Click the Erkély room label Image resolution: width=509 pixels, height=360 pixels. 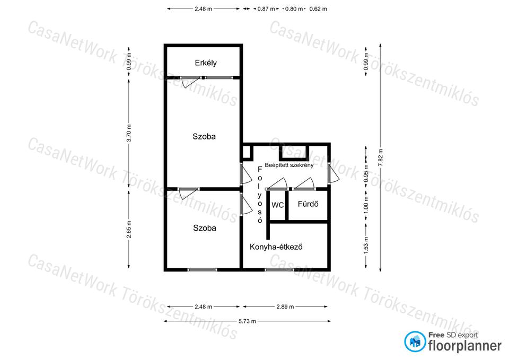pyautogui.click(x=206, y=63)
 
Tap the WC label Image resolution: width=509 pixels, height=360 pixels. pyautogui.click(x=277, y=205)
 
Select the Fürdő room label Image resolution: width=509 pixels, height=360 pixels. pyautogui.click(x=308, y=204)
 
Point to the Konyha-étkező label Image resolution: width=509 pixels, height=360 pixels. pyautogui.click(x=276, y=247)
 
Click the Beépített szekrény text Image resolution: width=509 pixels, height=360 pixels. pyautogui.click(x=289, y=165)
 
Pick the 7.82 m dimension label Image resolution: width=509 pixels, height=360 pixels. pyautogui.click(x=381, y=157)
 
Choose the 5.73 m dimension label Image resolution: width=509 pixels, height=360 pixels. pyautogui.click(x=247, y=321)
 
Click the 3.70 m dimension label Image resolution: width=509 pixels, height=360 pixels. pyautogui.click(x=129, y=133)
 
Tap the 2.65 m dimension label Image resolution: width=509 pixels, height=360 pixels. pyautogui.click(x=129, y=229)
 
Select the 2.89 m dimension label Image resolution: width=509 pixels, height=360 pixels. pyautogui.click(x=285, y=307)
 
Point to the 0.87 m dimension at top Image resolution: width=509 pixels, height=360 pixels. pyautogui.click(x=266, y=9)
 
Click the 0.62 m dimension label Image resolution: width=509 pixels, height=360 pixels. pyautogui.click(x=318, y=9)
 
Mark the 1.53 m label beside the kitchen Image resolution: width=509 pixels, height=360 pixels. pyautogui.click(x=366, y=245)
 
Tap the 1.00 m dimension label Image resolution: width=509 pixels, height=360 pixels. pyautogui.click(x=366, y=205)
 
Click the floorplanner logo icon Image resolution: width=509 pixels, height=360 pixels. pyautogui.click(x=415, y=341)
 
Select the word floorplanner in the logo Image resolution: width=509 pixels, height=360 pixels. pyautogui.click(x=465, y=346)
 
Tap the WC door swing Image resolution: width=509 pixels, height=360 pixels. pyautogui.click(x=277, y=184)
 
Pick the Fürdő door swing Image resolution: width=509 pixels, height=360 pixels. pyautogui.click(x=304, y=184)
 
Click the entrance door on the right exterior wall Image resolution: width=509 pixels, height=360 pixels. pyautogui.click(x=334, y=173)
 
